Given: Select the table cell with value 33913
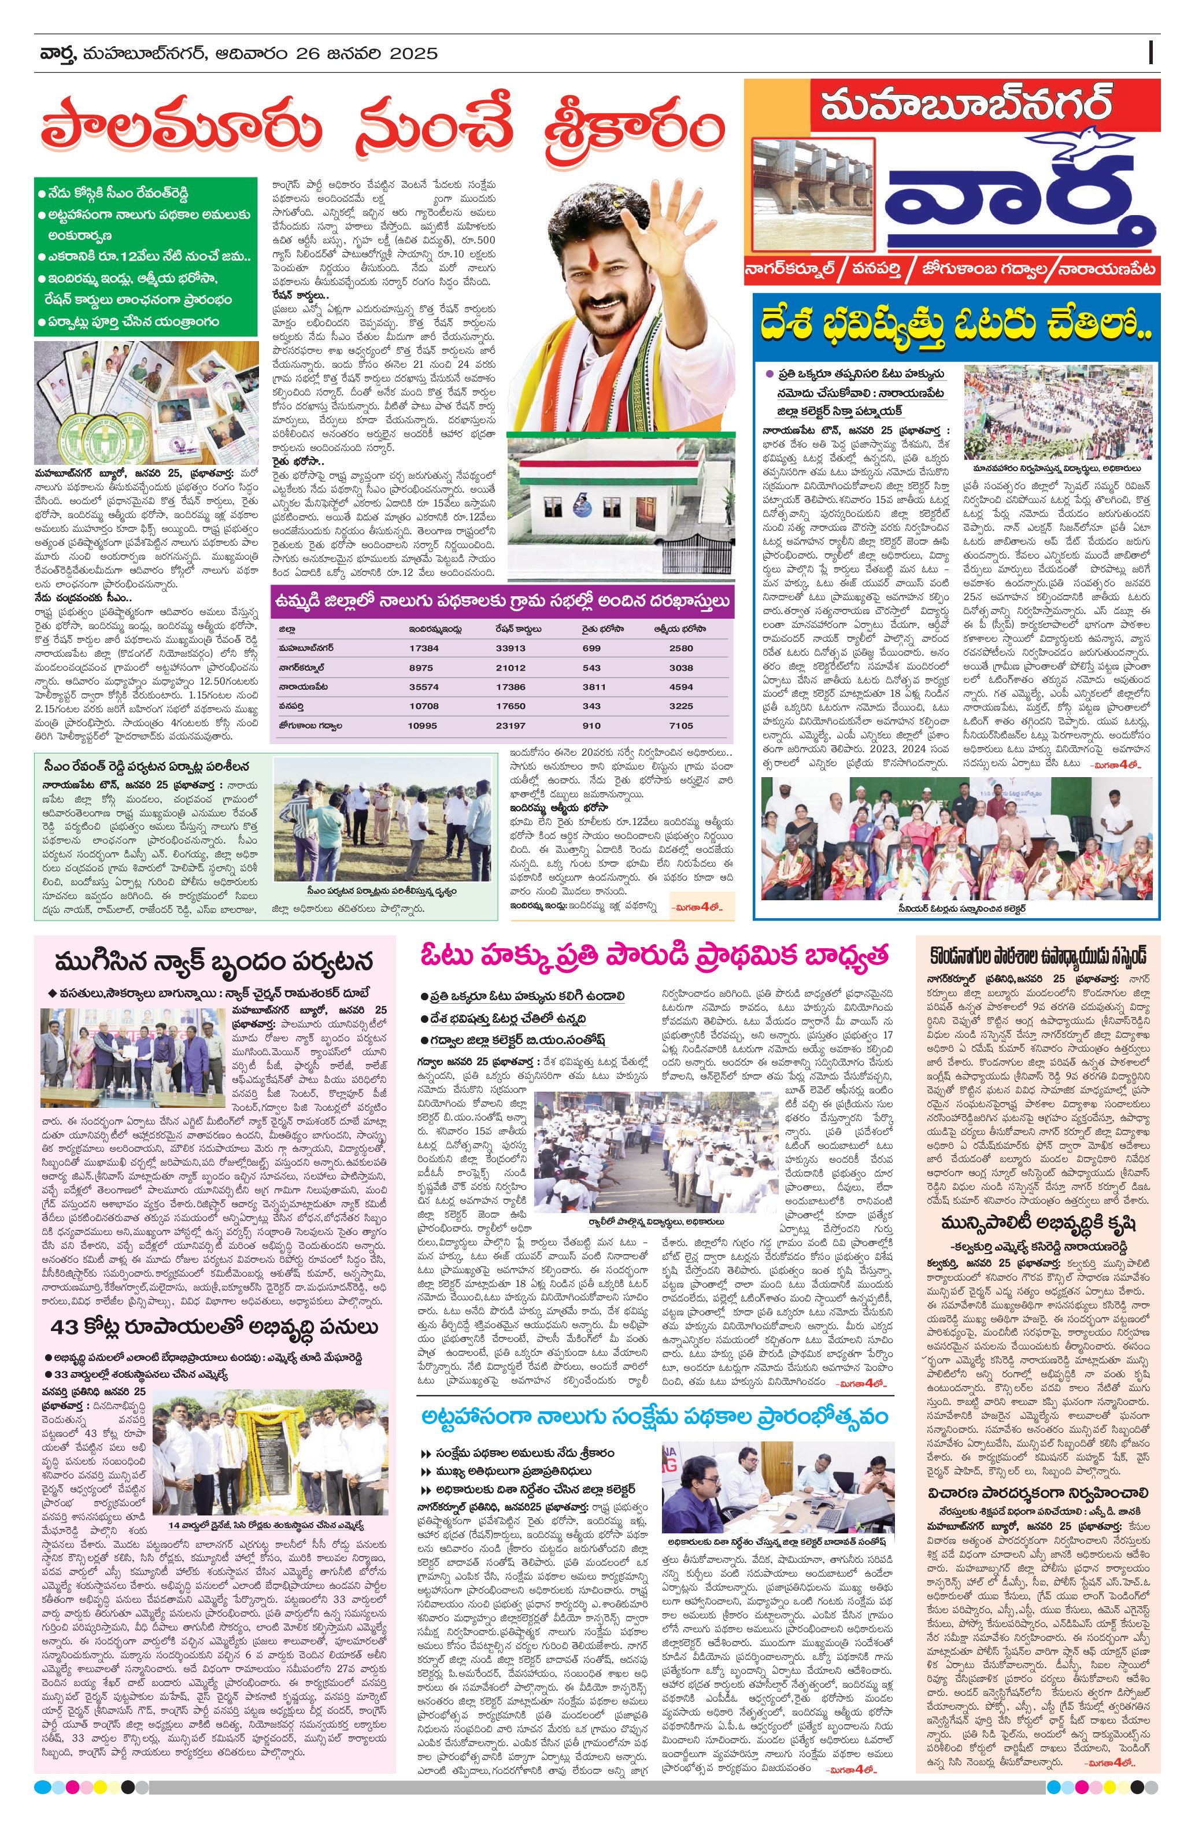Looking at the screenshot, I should (x=510, y=648).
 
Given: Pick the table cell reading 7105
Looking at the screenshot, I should (x=681, y=725).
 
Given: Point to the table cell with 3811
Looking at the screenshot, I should (x=592, y=687).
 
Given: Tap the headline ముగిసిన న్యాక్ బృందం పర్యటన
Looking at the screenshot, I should (x=214, y=961).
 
